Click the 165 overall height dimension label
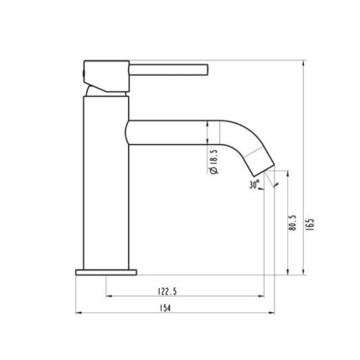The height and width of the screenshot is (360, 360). (x=311, y=223)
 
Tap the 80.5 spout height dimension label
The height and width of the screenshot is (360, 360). (x=293, y=223)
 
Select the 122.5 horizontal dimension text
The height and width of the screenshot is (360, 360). (x=167, y=291)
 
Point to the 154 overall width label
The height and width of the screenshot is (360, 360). (x=165, y=308)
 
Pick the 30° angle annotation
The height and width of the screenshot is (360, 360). (x=255, y=184)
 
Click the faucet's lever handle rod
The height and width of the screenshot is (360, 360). (x=168, y=69)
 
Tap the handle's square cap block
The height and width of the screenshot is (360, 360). (x=106, y=76)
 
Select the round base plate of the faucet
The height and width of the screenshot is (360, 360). (x=106, y=272)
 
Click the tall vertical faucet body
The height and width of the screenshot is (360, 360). (x=106, y=183)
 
